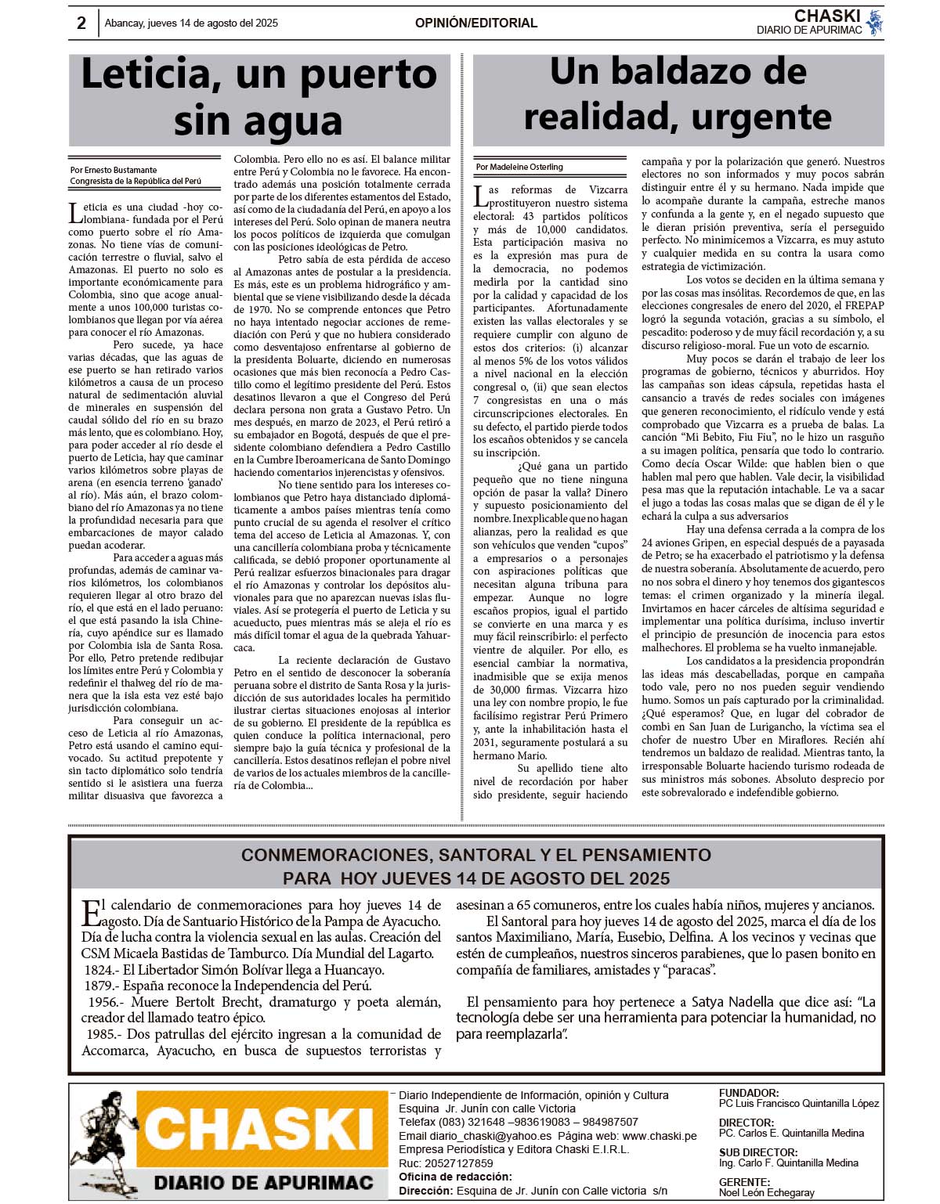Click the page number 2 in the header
tap(81, 23)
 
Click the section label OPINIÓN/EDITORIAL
tap(475, 23)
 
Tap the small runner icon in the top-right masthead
tap(875, 22)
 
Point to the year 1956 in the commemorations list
tap(103, 1002)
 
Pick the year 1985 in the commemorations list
tap(103, 1034)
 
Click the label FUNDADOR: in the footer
tap(748, 1093)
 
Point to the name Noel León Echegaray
tap(766, 1192)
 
